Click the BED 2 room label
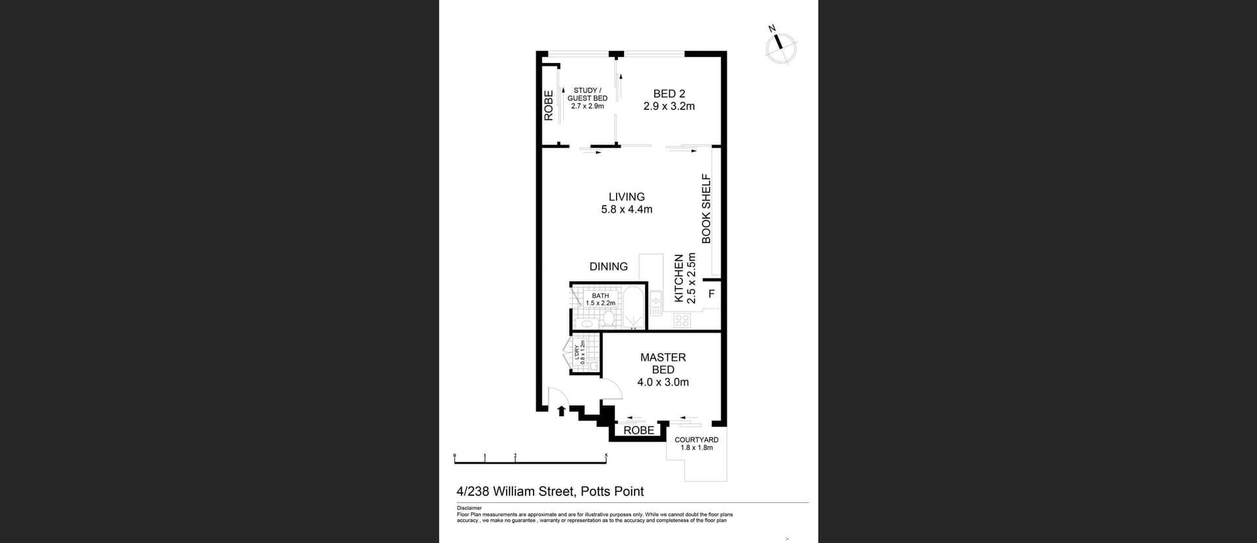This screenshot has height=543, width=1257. click(668, 100)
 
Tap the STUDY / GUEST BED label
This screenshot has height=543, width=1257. click(587, 98)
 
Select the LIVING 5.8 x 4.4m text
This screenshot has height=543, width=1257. click(627, 203)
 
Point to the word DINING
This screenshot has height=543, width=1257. click(608, 267)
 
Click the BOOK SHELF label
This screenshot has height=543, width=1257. click(706, 208)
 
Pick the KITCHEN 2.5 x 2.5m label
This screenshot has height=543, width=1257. click(685, 278)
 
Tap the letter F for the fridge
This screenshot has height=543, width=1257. click(712, 294)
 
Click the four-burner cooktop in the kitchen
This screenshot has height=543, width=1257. click(682, 320)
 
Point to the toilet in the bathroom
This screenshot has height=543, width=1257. click(608, 320)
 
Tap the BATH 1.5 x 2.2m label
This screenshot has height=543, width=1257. click(600, 299)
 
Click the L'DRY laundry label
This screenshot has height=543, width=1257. click(579, 352)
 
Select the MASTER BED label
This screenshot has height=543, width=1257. click(663, 369)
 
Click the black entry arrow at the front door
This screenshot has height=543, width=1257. click(561, 411)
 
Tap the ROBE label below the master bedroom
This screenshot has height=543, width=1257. click(638, 430)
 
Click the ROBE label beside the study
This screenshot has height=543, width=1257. click(549, 105)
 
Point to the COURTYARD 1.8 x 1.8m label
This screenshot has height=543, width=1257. click(697, 443)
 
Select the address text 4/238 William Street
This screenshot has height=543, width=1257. click(550, 491)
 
